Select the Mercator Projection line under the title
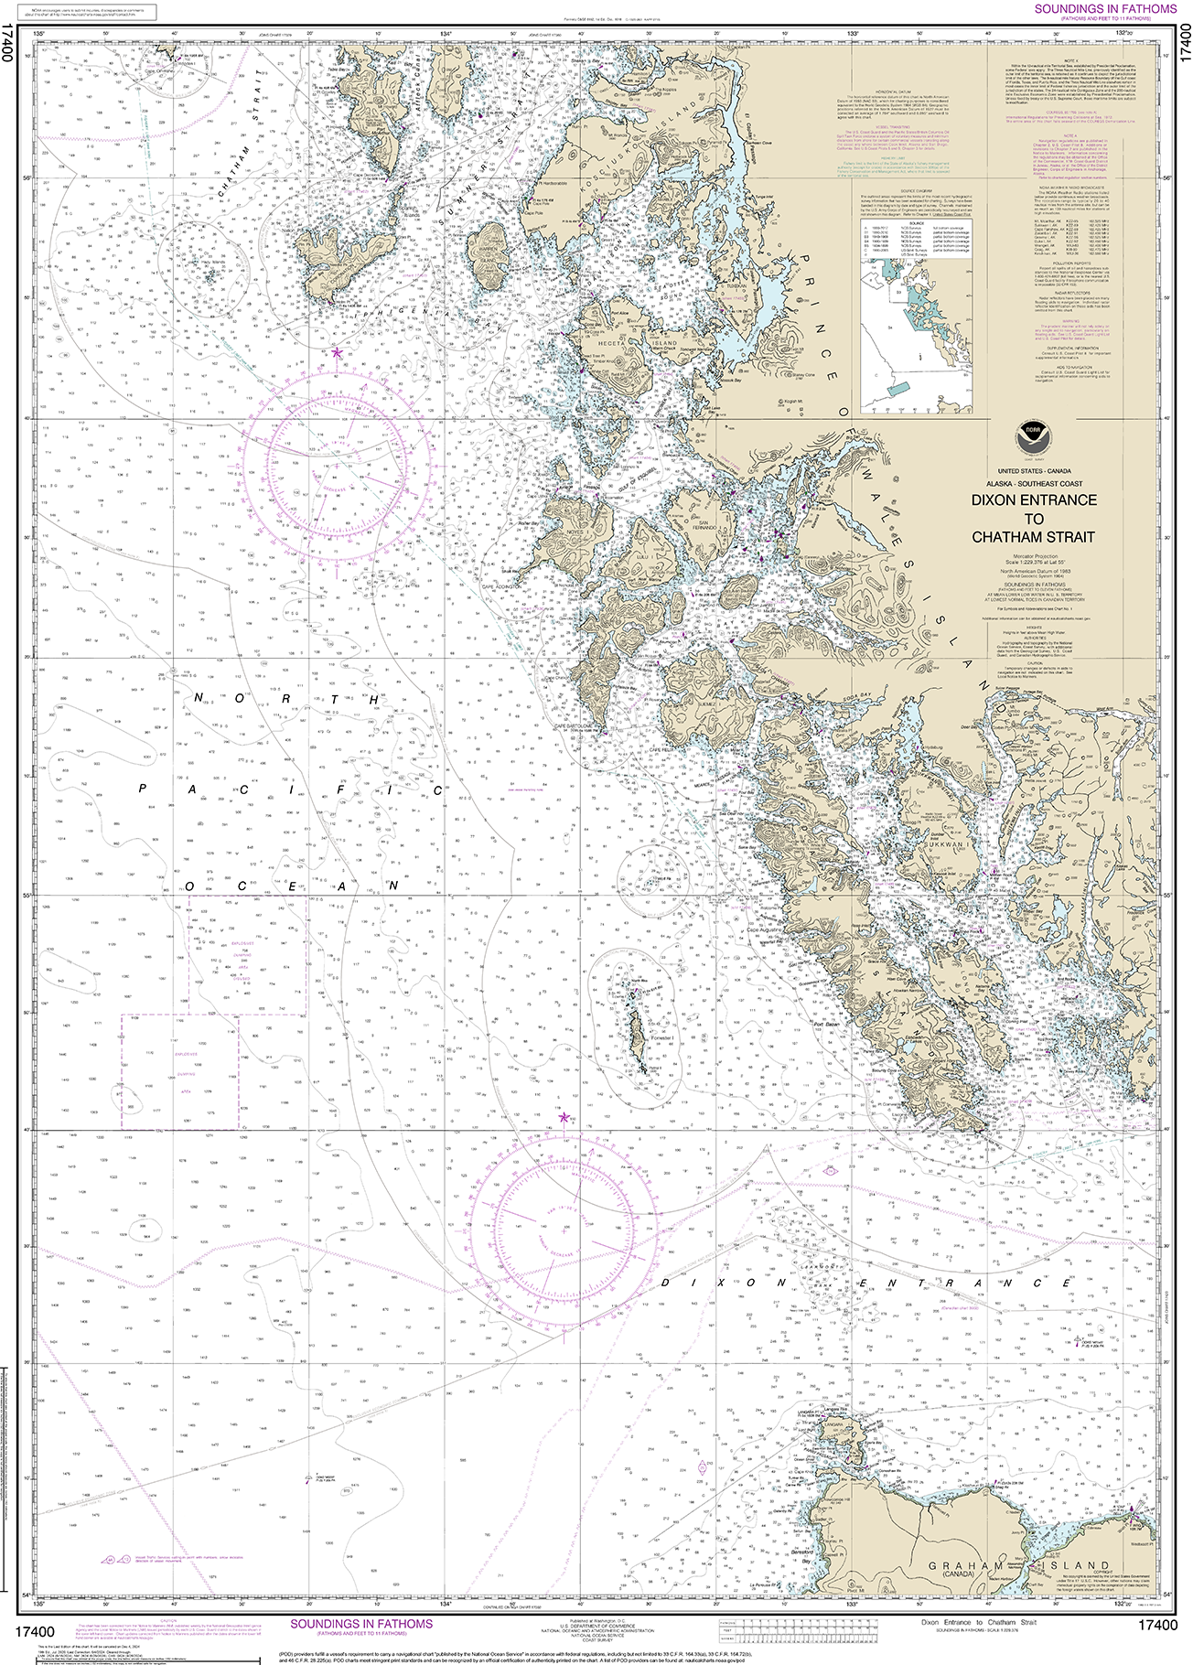pos(1034,554)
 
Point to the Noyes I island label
pos(577,532)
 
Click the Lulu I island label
pos(641,555)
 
